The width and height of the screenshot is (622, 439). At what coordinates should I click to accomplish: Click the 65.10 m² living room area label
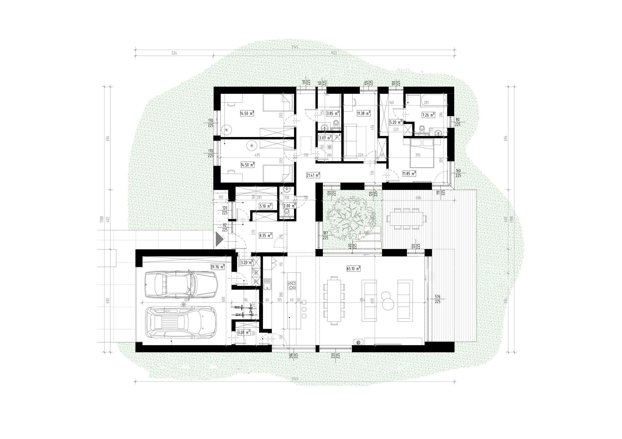pos(353,269)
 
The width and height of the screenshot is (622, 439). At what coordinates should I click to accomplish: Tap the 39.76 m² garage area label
pos(217,267)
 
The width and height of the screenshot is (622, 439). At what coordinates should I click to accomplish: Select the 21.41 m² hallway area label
pos(313,175)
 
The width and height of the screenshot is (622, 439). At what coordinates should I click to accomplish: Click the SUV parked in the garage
pos(181,322)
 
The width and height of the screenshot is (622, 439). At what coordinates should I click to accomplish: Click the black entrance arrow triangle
pos(219,240)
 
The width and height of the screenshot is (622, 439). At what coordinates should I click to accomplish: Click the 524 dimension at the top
pos(174,53)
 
